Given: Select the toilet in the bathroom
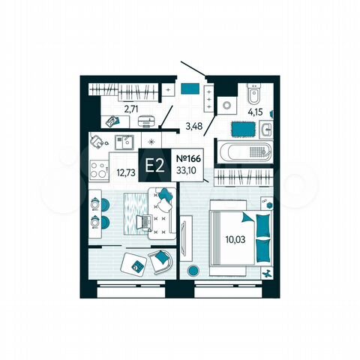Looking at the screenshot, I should coord(253,96).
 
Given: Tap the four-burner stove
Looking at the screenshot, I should coord(99,169).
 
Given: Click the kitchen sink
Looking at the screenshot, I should coord(124,140).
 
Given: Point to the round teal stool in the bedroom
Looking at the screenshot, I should coord(193,270).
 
